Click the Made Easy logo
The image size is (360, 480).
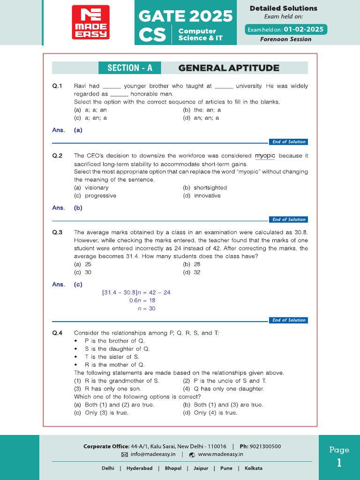(x=90, y=22)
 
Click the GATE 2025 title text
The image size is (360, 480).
(x=186, y=16)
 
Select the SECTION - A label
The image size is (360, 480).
(x=130, y=68)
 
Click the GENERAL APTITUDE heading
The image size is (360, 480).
(x=229, y=68)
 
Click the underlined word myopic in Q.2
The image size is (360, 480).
(x=265, y=156)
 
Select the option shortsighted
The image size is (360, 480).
(x=210, y=188)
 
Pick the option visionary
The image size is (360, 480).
(x=97, y=188)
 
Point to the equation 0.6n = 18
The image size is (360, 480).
(x=142, y=300)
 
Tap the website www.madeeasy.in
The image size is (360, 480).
(x=220, y=454)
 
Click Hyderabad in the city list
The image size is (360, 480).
(x=139, y=468)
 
